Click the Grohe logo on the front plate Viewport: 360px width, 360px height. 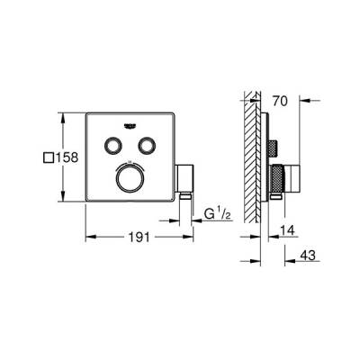[137, 126]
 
